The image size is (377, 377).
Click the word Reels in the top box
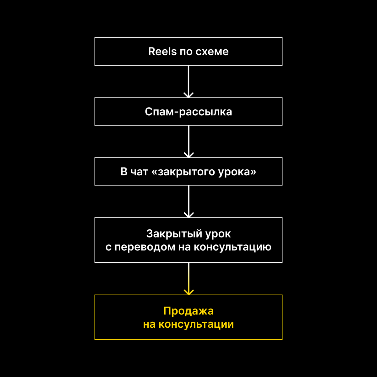tap(162, 52)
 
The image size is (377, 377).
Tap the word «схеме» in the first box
tap(212, 52)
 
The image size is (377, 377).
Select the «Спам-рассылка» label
tap(188, 112)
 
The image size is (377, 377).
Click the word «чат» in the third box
tap(139, 172)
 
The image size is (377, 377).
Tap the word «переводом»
tap(145, 247)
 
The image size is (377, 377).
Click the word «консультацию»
tap(232, 247)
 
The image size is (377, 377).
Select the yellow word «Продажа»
tap(188, 311)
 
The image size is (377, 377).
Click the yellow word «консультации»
tap(196, 324)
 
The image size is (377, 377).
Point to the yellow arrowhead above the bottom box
tap(188, 292)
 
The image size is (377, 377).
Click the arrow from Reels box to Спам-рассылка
tap(188, 82)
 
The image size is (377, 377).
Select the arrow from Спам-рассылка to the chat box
tap(188, 141)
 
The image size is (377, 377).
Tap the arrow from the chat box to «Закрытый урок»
tap(188, 201)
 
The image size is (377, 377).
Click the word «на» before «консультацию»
tap(184, 247)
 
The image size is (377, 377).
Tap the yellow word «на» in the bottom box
tap(149, 325)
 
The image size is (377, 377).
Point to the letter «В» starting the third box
tap(124, 172)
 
